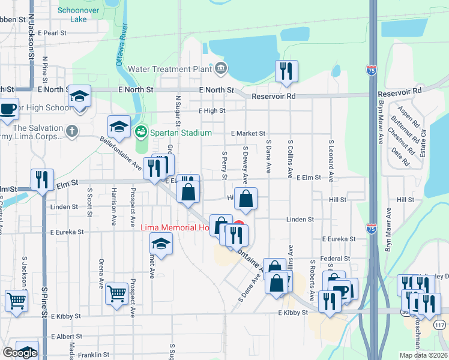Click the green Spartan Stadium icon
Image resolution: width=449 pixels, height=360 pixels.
[142, 131]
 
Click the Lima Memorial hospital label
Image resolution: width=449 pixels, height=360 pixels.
[174, 228]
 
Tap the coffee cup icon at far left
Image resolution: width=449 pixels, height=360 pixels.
[8, 109]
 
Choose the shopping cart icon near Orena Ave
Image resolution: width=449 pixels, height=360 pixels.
[116, 293]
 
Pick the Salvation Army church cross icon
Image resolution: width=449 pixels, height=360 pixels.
[72, 131]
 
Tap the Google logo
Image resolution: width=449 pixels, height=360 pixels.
[20, 352]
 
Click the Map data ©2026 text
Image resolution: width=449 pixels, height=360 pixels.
[424, 355]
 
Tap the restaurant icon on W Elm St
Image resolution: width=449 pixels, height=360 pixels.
[42, 179]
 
